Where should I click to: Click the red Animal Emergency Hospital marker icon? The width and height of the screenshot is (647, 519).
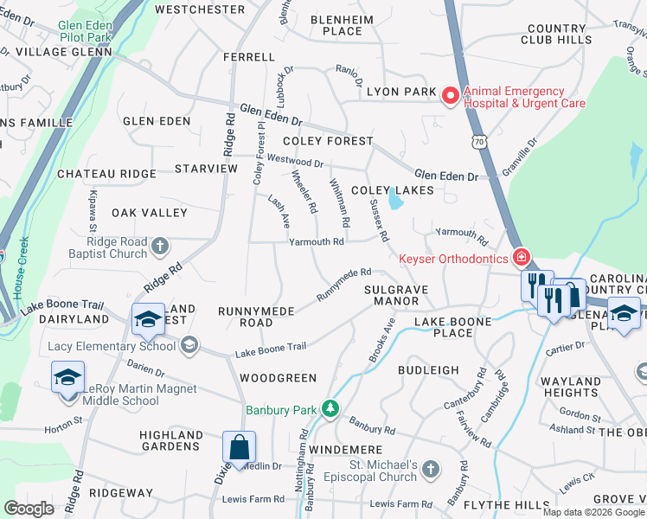(450, 97)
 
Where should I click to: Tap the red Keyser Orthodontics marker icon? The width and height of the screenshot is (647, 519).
(521, 258)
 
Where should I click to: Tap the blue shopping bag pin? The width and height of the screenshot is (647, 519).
(239, 448)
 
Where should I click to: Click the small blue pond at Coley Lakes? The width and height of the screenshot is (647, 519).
(395, 200)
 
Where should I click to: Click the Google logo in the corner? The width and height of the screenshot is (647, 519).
(29, 508)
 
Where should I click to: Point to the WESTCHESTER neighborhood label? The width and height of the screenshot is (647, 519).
(200, 10)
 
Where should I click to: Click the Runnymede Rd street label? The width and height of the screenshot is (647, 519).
(343, 285)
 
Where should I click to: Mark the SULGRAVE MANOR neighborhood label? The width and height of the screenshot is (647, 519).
(391, 295)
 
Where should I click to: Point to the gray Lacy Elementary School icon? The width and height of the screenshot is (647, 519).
(188, 347)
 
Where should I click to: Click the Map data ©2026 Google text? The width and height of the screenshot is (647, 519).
(594, 512)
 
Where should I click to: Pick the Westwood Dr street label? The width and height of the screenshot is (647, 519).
(295, 160)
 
